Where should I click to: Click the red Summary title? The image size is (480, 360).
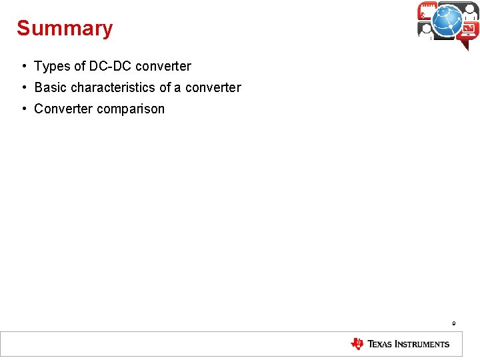point(65,29)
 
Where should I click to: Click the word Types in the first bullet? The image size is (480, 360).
point(52,67)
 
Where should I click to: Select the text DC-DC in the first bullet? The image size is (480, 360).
point(110,66)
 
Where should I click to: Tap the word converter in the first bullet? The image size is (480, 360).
point(163,66)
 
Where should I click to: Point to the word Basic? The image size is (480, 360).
point(51,87)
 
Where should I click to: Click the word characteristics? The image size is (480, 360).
point(113,87)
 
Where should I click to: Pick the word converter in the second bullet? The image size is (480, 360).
point(213,87)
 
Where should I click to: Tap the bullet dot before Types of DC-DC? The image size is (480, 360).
point(23,66)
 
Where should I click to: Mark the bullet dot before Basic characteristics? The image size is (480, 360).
point(23,87)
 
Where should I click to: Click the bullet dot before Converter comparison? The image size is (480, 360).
point(23,109)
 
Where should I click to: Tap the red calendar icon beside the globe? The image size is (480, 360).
point(427,11)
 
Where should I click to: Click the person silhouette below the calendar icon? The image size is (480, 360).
point(426,31)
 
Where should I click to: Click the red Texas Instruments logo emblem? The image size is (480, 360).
point(357,344)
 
